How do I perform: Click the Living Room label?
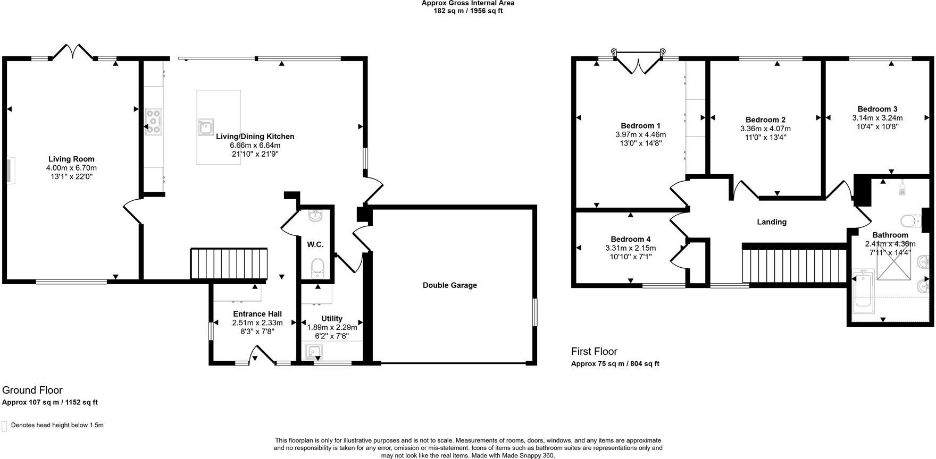71,159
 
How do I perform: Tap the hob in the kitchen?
154,121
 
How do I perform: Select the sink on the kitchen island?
205,126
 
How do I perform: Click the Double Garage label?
449,285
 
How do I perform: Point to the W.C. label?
315,244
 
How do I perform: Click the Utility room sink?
314,352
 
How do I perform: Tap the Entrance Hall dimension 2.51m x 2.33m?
257,322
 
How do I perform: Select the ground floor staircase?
229,263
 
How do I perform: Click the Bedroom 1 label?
640,126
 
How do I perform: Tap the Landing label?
771,222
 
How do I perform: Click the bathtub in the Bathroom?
862,292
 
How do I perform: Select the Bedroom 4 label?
630,240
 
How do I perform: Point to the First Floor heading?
594,351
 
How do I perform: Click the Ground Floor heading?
32,390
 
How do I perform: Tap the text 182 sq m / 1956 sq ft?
467,11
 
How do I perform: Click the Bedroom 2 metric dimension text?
765,129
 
